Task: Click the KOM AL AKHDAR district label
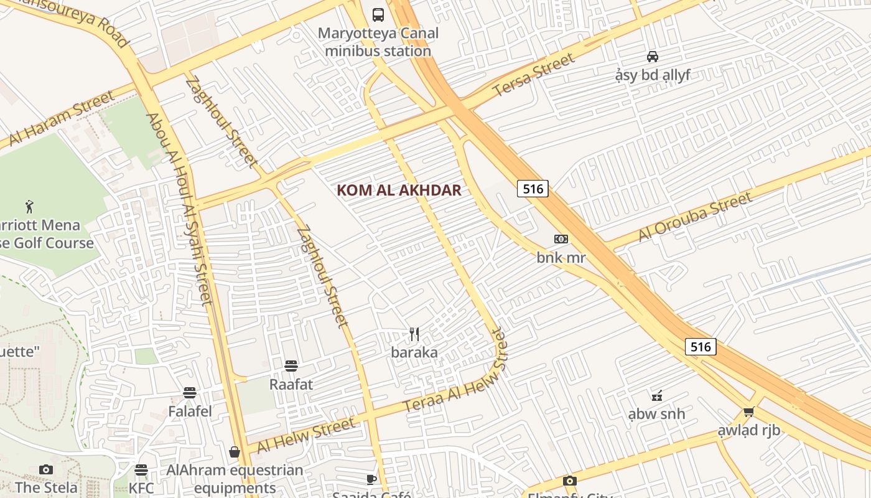[x=399, y=190]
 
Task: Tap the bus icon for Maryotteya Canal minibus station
[x=378, y=14]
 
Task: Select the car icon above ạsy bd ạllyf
[x=652, y=57]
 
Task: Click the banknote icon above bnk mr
[x=561, y=239]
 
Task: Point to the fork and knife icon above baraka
[x=414, y=334]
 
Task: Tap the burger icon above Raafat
[x=291, y=365]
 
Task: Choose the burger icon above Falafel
[x=190, y=393]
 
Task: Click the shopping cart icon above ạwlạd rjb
[x=748, y=411]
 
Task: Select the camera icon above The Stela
[x=46, y=469]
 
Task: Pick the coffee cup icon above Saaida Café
[x=371, y=479]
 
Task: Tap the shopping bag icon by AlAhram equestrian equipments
[x=235, y=452]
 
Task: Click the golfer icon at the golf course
[x=29, y=205]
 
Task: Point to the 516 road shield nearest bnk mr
[x=533, y=189]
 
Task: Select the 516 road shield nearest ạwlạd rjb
[x=701, y=347]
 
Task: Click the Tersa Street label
[x=533, y=75]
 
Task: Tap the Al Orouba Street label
[x=695, y=217]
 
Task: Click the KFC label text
[x=141, y=487]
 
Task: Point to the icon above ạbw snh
[x=656, y=395]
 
